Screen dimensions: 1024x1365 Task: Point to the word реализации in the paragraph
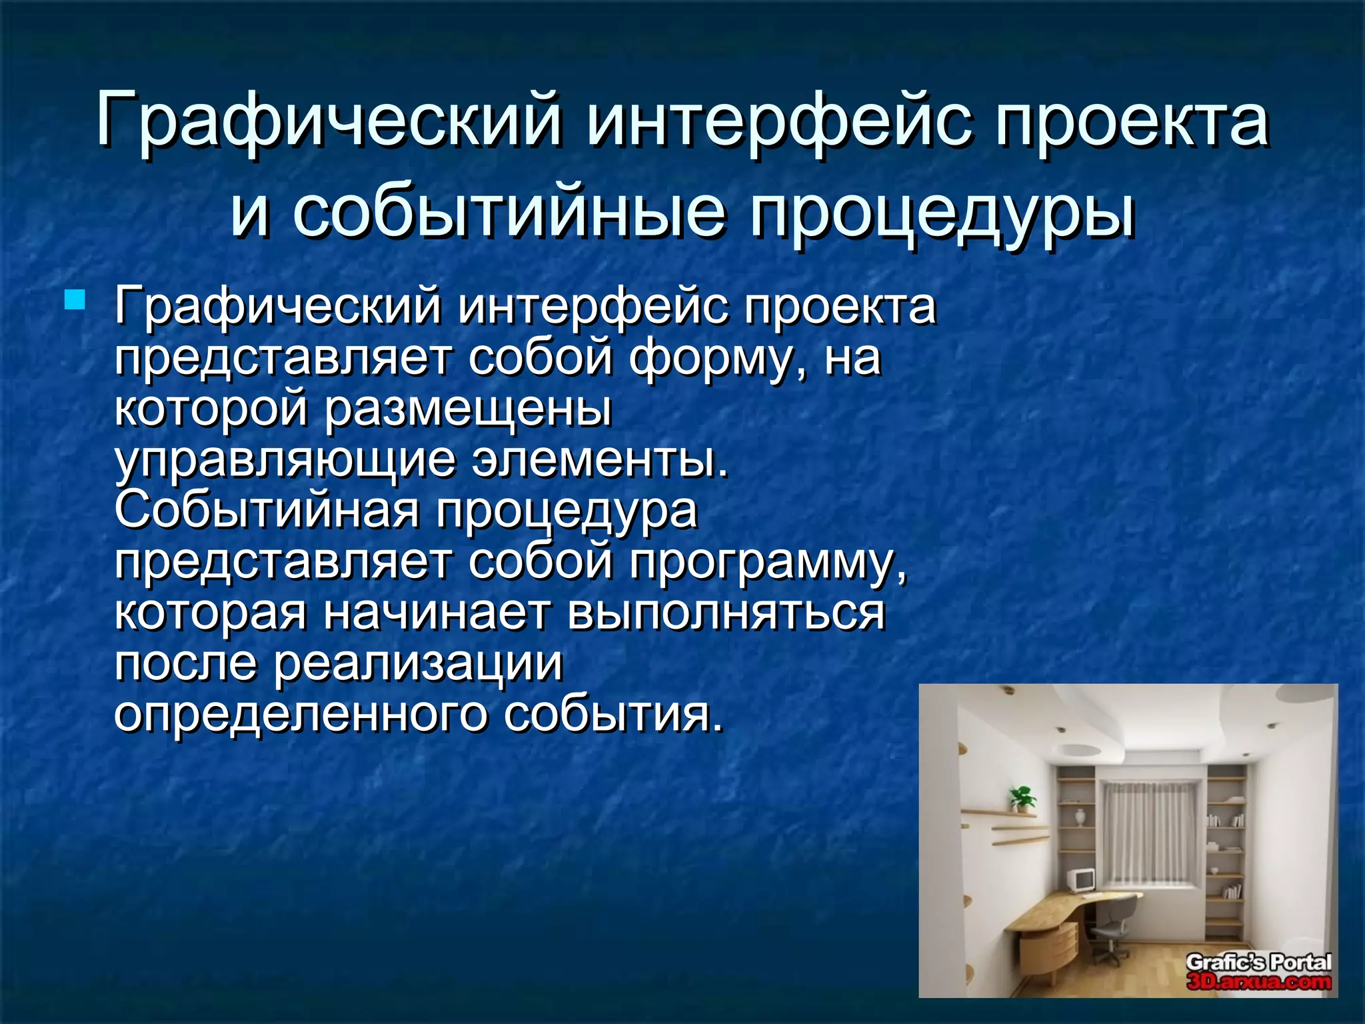tap(419, 664)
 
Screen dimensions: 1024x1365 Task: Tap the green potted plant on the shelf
tap(1022, 798)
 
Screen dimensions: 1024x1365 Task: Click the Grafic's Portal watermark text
tap(1258, 962)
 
